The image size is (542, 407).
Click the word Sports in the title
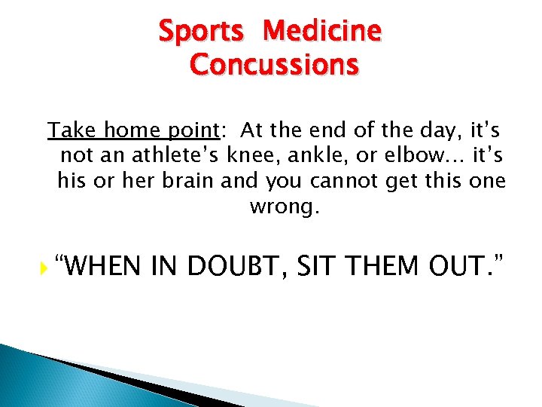[200, 32]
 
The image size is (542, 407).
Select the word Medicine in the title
[324, 32]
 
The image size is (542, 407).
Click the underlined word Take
[72, 130]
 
